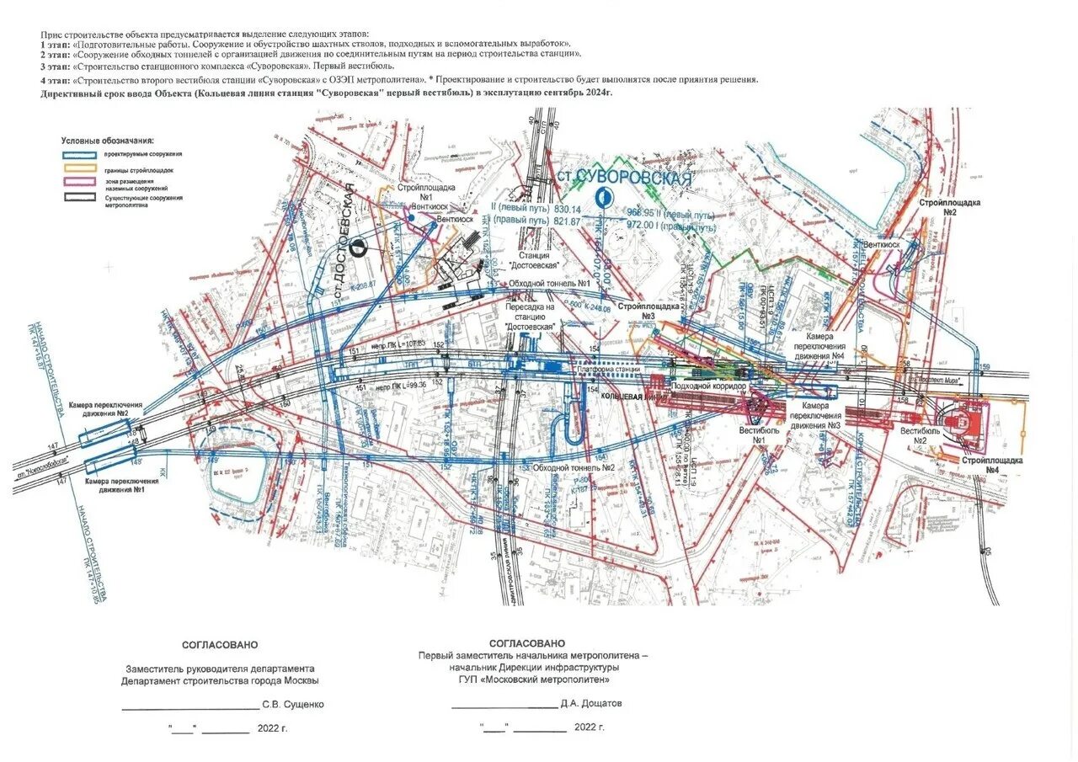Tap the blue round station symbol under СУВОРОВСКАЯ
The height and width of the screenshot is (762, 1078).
coord(603,198)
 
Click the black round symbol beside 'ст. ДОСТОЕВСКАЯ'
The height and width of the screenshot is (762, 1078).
coord(358,245)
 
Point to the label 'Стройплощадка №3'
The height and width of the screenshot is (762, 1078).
coord(648,312)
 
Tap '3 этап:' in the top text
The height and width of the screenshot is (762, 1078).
coord(56,66)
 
